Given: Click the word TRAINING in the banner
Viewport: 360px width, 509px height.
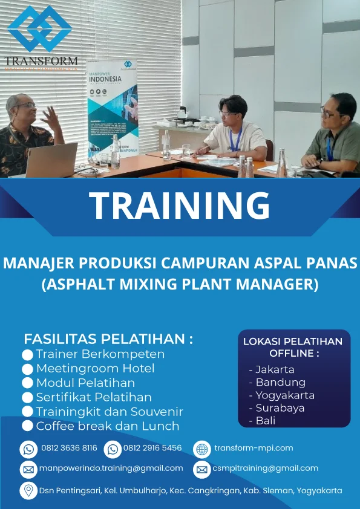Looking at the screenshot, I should pyautogui.click(x=180, y=206).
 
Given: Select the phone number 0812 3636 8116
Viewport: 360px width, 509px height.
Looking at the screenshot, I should pyautogui.click(x=69, y=448).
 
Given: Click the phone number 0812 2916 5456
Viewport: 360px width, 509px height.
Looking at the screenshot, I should pyautogui.click(x=152, y=448).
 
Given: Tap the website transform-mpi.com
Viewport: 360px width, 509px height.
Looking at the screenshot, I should pyautogui.click(x=254, y=448).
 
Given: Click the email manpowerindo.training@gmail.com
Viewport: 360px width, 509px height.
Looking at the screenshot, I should pyautogui.click(x=111, y=468).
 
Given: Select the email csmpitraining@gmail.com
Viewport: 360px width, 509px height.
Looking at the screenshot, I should pyautogui.click(x=265, y=468).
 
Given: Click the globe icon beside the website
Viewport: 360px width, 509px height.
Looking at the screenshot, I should pyautogui.click(x=201, y=449).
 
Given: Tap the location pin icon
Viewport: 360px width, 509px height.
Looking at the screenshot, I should pyautogui.click(x=28, y=490).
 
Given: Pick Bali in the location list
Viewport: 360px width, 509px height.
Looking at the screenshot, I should pyautogui.click(x=265, y=421).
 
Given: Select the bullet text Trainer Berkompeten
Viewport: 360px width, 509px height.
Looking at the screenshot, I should pyautogui.click(x=100, y=354).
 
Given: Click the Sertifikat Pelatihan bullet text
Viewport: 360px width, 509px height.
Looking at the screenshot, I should pyautogui.click(x=94, y=397).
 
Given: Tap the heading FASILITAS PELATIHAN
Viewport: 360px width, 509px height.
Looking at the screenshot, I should pyautogui.click(x=108, y=339).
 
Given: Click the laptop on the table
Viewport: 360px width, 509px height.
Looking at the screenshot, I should pyautogui.click(x=51, y=160).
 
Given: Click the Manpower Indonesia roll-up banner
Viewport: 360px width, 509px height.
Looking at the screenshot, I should pyautogui.click(x=113, y=109).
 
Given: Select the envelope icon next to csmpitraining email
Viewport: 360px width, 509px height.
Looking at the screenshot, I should pyautogui.click(x=201, y=469).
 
